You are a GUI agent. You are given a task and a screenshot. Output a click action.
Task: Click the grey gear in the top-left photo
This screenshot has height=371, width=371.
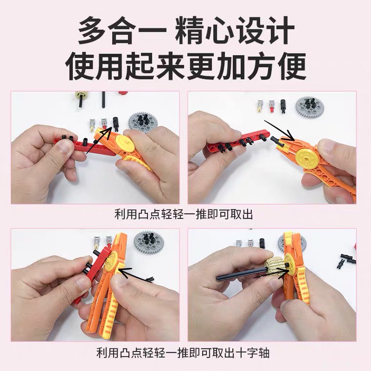tap(143, 123)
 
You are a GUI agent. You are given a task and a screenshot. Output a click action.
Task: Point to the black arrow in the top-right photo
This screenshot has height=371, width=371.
tap(279, 131)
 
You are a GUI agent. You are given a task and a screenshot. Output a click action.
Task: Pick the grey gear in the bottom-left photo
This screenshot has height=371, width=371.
tap(146, 243)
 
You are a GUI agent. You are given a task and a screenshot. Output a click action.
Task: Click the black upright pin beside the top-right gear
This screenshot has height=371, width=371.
tap(284, 105)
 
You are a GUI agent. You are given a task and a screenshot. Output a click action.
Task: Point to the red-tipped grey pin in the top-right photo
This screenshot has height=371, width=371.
tap(272, 106)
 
